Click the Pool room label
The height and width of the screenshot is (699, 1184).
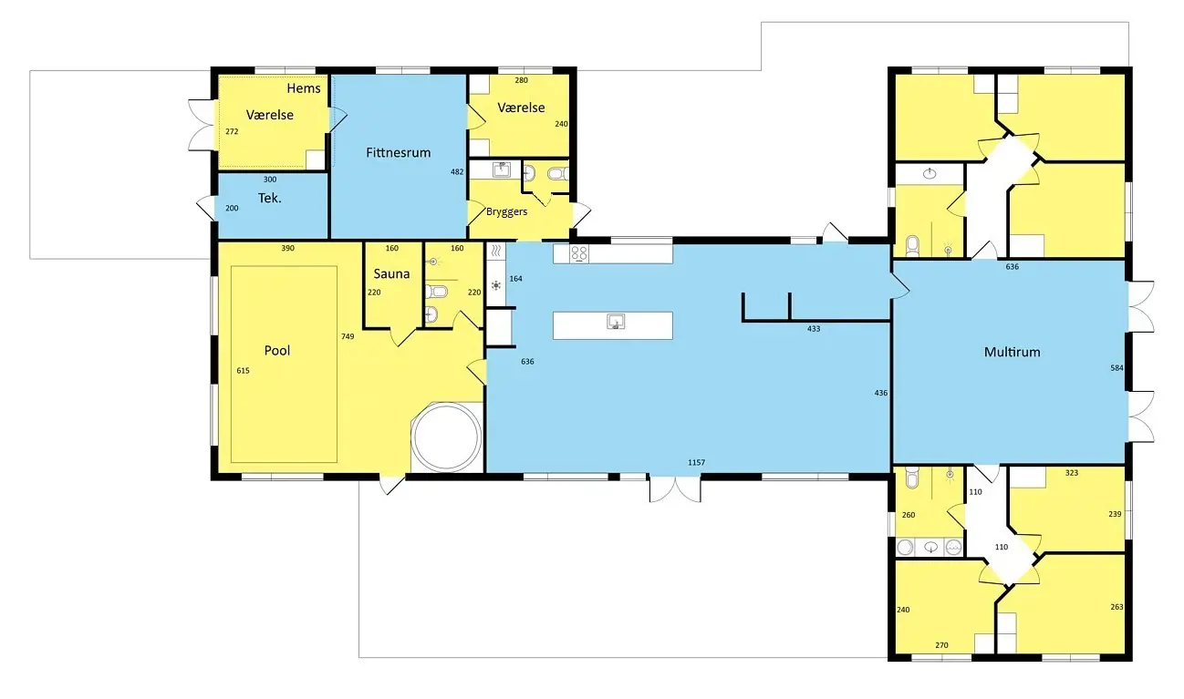coord(277,351)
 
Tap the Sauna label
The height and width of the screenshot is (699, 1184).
coord(391,273)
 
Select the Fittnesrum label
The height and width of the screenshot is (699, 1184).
coord(398,152)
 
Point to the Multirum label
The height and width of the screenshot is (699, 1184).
coord(1012,352)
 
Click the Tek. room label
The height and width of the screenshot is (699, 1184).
coord(270,198)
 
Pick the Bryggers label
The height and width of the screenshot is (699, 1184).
coord(506,211)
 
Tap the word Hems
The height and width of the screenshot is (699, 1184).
coord(304,88)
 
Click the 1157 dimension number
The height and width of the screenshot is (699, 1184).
coord(696,462)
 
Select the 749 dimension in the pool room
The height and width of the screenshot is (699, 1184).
coord(348,336)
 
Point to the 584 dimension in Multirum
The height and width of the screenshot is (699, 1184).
coord(1116,368)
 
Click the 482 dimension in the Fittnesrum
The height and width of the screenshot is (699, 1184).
coord(457,171)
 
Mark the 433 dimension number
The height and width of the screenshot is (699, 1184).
coord(814,329)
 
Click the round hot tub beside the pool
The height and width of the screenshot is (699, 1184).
coord(447,437)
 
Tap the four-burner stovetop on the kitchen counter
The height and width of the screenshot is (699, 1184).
coord(579,253)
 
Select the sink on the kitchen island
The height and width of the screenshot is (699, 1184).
coord(615,322)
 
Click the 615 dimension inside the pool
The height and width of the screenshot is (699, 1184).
coord(243,371)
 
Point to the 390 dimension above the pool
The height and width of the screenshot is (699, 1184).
coord(287,248)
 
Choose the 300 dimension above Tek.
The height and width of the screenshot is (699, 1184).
coord(270,180)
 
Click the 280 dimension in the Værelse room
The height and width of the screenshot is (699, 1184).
coord(521,80)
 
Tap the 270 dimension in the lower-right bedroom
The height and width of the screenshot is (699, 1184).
coord(941,645)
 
